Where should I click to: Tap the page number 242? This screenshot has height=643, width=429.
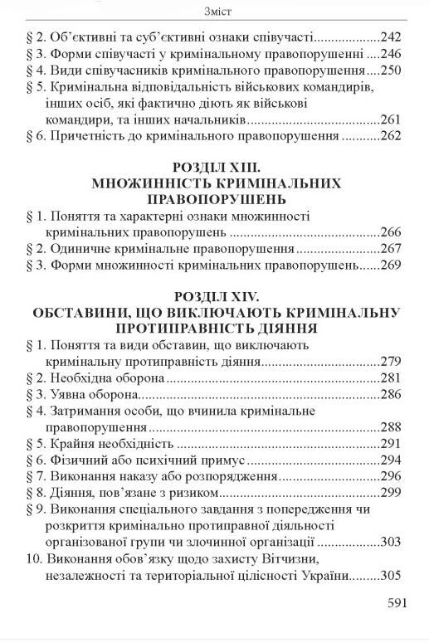(390, 37)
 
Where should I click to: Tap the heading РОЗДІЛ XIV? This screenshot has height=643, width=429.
(215, 296)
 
